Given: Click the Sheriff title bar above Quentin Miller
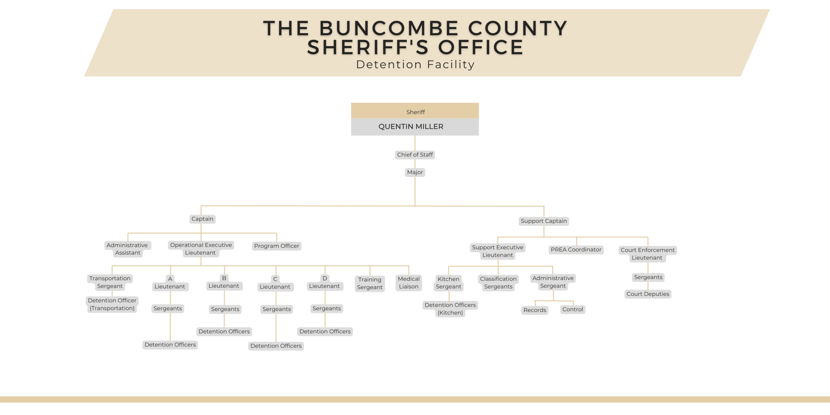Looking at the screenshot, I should [415, 111].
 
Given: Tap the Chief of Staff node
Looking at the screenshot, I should [415, 155].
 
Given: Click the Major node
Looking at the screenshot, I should [415, 172].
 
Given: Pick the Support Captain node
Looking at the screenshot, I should [543, 221].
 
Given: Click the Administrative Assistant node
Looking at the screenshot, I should [127, 249].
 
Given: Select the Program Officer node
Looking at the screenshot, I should [276, 246].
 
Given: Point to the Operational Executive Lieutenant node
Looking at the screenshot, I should [201, 249].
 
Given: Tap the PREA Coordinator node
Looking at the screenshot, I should [576, 250].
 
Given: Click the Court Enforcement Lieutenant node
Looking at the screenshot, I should [647, 254].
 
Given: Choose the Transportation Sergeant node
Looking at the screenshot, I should [110, 282].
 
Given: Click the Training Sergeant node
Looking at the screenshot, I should [370, 283].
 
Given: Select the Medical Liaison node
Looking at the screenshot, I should [409, 283].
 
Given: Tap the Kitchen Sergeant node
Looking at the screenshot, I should [448, 283].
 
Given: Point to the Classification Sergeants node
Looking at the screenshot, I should [498, 283].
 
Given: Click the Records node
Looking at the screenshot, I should [535, 310].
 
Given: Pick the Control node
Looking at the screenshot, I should [573, 309].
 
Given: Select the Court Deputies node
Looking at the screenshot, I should [647, 294].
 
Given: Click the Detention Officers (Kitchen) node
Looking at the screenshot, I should [450, 309].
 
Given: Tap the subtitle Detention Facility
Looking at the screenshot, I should [415, 65].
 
